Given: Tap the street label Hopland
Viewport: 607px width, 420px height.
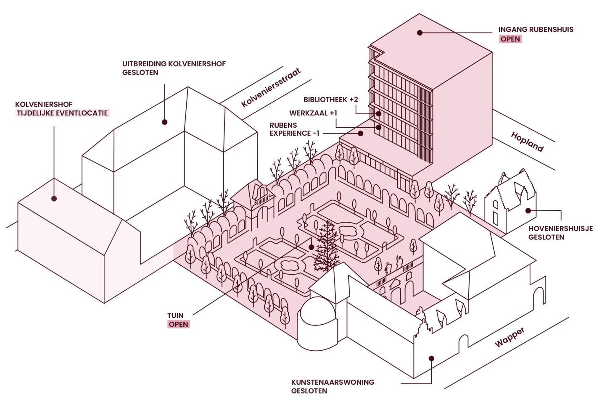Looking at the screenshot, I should click(x=527, y=142).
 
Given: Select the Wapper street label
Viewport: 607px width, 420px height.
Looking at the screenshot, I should click(x=509, y=337).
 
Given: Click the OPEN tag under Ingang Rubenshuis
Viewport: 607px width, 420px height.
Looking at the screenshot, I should click(x=510, y=39).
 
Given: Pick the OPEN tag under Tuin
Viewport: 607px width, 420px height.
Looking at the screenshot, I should click(x=179, y=324).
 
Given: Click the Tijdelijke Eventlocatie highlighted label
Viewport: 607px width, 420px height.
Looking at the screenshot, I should click(x=62, y=113).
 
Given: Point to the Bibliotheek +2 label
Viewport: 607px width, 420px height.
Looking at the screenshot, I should click(x=330, y=100).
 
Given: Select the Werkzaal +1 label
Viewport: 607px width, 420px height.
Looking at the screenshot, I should click(x=313, y=113).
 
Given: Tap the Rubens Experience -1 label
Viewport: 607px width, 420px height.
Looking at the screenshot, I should click(x=294, y=129).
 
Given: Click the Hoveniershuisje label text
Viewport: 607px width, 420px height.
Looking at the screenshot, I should click(x=560, y=228).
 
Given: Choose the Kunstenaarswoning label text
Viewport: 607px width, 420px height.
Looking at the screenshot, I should click(x=333, y=382).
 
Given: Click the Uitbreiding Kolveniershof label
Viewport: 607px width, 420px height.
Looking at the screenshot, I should click(x=174, y=64).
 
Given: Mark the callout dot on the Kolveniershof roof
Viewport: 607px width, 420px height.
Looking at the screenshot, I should click(x=54, y=198).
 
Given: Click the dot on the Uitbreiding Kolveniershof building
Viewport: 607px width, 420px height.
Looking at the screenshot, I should click(x=165, y=122).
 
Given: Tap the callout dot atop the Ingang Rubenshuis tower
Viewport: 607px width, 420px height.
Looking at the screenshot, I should click(x=420, y=32).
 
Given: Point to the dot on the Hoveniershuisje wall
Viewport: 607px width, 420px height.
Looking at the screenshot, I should click(x=528, y=210).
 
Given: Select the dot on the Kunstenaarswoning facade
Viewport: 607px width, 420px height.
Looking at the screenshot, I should click(x=431, y=358).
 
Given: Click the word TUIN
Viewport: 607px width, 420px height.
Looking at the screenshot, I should click(x=175, y=315).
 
